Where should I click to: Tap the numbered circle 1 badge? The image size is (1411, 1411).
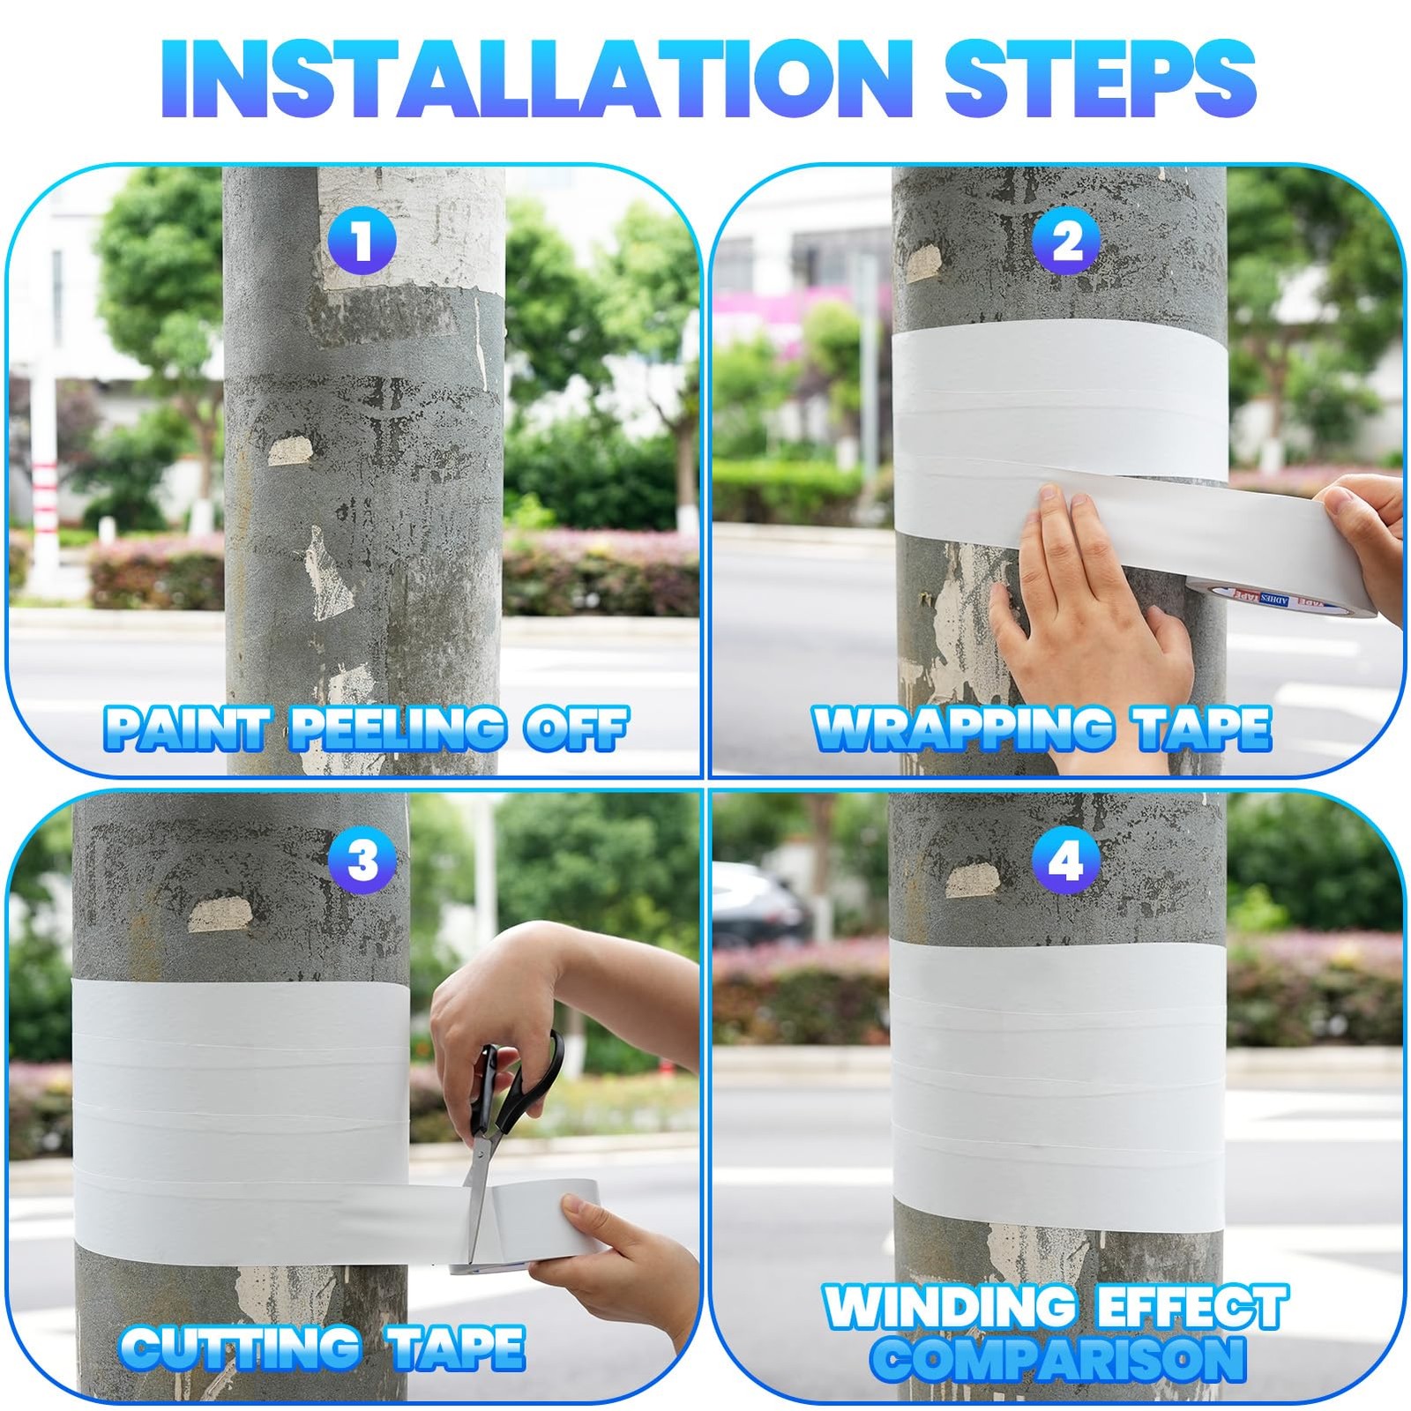(362, 241)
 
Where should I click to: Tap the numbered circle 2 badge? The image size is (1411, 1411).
(1067, 241)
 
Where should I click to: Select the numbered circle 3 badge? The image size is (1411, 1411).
(362, 860)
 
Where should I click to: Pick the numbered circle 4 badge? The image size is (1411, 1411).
(1067, 860)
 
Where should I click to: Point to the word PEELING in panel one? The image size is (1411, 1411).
(398, 728)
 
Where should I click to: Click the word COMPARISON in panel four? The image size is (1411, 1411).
(1057, 1359)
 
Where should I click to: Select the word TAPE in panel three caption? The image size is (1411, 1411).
(457, 1348)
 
